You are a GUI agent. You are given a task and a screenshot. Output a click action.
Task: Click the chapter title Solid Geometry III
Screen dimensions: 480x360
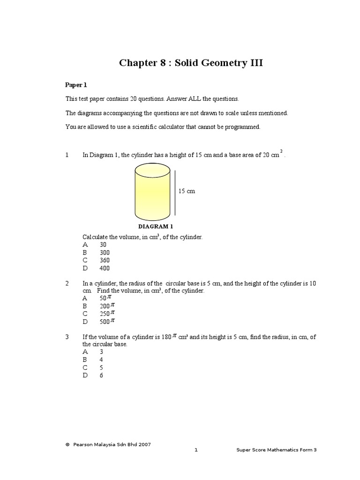point(191,63)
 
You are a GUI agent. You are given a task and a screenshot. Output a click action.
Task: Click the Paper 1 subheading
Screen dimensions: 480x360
point(76,85)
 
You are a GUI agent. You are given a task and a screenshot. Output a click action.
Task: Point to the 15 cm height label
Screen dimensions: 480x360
point(187,191)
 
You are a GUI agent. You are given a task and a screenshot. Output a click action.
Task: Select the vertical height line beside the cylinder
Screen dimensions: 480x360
point(175,194)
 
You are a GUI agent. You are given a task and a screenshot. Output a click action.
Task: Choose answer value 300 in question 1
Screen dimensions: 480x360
point(105,252)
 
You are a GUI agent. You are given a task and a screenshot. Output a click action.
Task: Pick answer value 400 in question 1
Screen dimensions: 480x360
point(105,268)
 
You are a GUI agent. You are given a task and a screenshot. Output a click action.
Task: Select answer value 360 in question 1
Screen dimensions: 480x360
point(105,260)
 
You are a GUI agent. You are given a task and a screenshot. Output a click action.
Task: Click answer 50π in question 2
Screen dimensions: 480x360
point(105,298)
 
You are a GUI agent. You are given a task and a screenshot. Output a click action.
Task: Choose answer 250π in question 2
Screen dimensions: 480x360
point(107,314)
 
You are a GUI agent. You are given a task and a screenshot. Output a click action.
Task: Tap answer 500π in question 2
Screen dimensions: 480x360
point(107,322)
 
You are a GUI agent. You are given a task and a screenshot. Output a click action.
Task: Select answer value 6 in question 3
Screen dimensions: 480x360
point(101,375)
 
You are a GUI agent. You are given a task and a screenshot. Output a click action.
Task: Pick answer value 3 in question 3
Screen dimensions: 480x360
point(101,352)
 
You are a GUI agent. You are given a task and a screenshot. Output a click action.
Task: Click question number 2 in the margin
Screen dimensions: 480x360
point(67,284)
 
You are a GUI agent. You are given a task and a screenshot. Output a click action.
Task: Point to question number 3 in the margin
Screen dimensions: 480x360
point(67,337)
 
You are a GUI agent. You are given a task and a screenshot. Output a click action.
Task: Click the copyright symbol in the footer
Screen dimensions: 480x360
point(67,444)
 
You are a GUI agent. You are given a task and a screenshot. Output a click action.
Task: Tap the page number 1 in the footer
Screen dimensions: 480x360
point(196,450)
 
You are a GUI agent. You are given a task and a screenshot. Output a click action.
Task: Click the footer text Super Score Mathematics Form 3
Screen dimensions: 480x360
point(277,450)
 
